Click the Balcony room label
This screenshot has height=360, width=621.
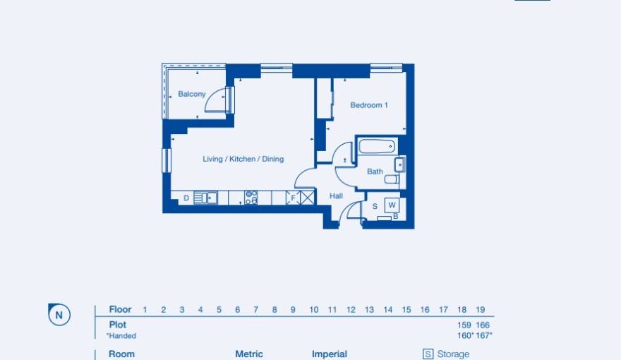click(191, 94)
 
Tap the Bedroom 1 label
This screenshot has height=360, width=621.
click(369, 105)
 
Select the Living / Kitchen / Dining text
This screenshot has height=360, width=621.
click(243, 159)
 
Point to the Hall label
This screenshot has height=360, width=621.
click(336, 196)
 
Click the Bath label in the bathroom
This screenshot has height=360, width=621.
click(375, 172)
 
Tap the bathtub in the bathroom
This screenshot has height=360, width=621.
click(376, 147)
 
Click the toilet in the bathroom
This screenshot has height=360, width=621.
click(392, 179)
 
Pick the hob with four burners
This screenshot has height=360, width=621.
click(251, 198)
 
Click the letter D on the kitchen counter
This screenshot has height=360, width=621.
click(186, 198)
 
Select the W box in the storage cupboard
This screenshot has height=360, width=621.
click(392, 205)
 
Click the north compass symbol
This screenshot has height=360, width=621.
click(59, 315)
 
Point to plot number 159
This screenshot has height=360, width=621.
click(464, 325)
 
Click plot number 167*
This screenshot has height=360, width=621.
click(484, 335)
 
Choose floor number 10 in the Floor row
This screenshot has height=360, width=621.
click(313, 310)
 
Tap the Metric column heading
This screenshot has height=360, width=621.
click(248, 354)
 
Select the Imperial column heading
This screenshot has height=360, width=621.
click(329, 354)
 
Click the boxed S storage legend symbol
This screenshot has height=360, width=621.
click(428, 354)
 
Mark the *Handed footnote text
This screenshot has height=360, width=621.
click(121, 336)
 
